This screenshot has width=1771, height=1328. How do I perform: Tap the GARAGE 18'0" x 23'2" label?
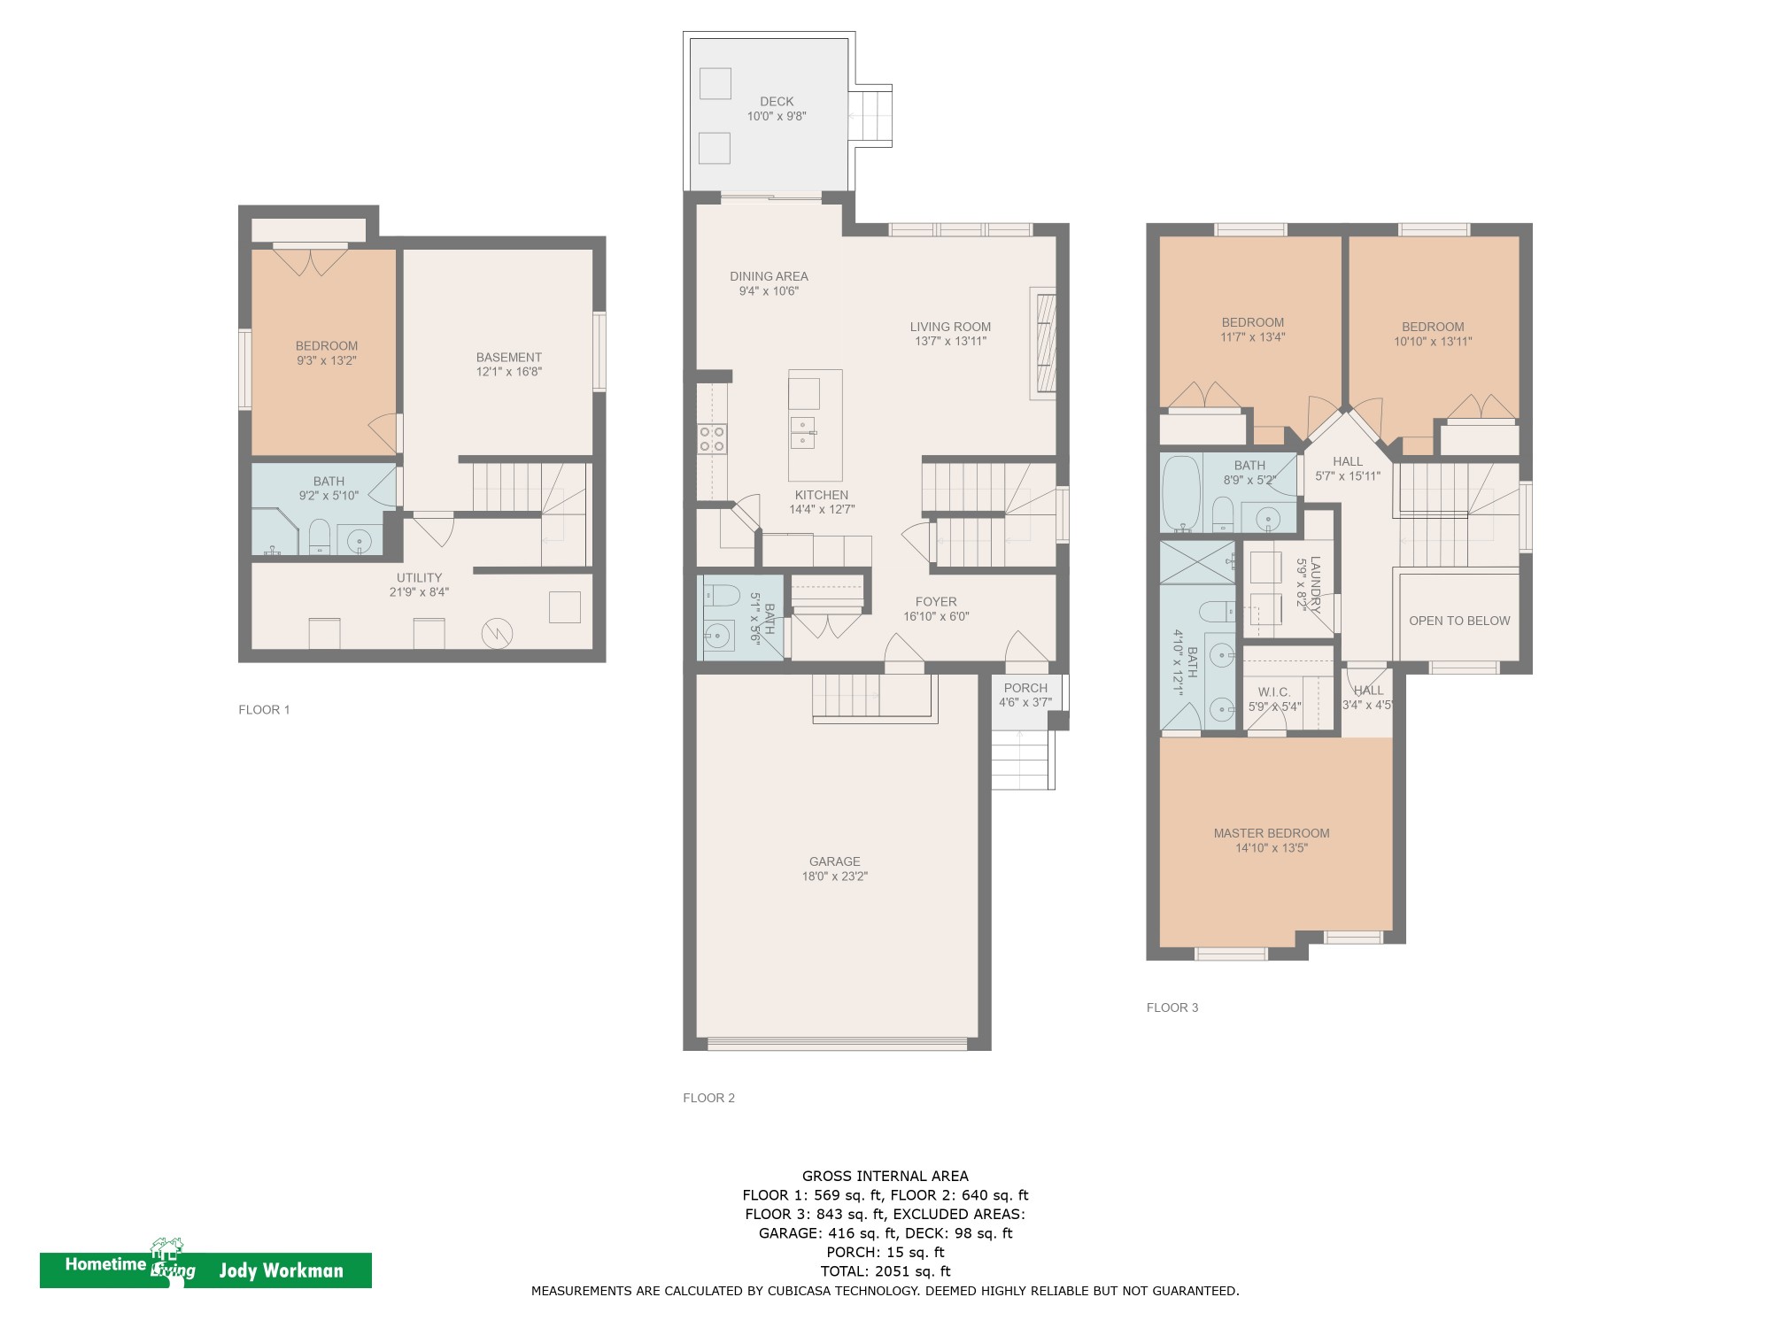click(834, 869)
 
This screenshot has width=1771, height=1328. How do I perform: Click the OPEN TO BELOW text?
click(1459, 621)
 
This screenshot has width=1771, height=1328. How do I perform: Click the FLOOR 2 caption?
click(708, 1098)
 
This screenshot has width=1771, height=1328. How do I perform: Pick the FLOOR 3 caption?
click(1172, 1008)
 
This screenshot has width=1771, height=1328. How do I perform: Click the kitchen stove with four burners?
click(713, 439)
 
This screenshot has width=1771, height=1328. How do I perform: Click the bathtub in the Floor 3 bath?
click(1180, 493)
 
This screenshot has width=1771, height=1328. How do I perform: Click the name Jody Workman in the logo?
click(281, 1271)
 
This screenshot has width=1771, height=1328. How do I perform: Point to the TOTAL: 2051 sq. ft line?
click(885, 1271)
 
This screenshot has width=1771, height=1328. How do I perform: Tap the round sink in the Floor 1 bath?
click(360, 539)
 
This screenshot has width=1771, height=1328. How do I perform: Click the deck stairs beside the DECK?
click(871, 115)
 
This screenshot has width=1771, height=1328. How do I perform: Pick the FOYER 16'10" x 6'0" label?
click(936, 609)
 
